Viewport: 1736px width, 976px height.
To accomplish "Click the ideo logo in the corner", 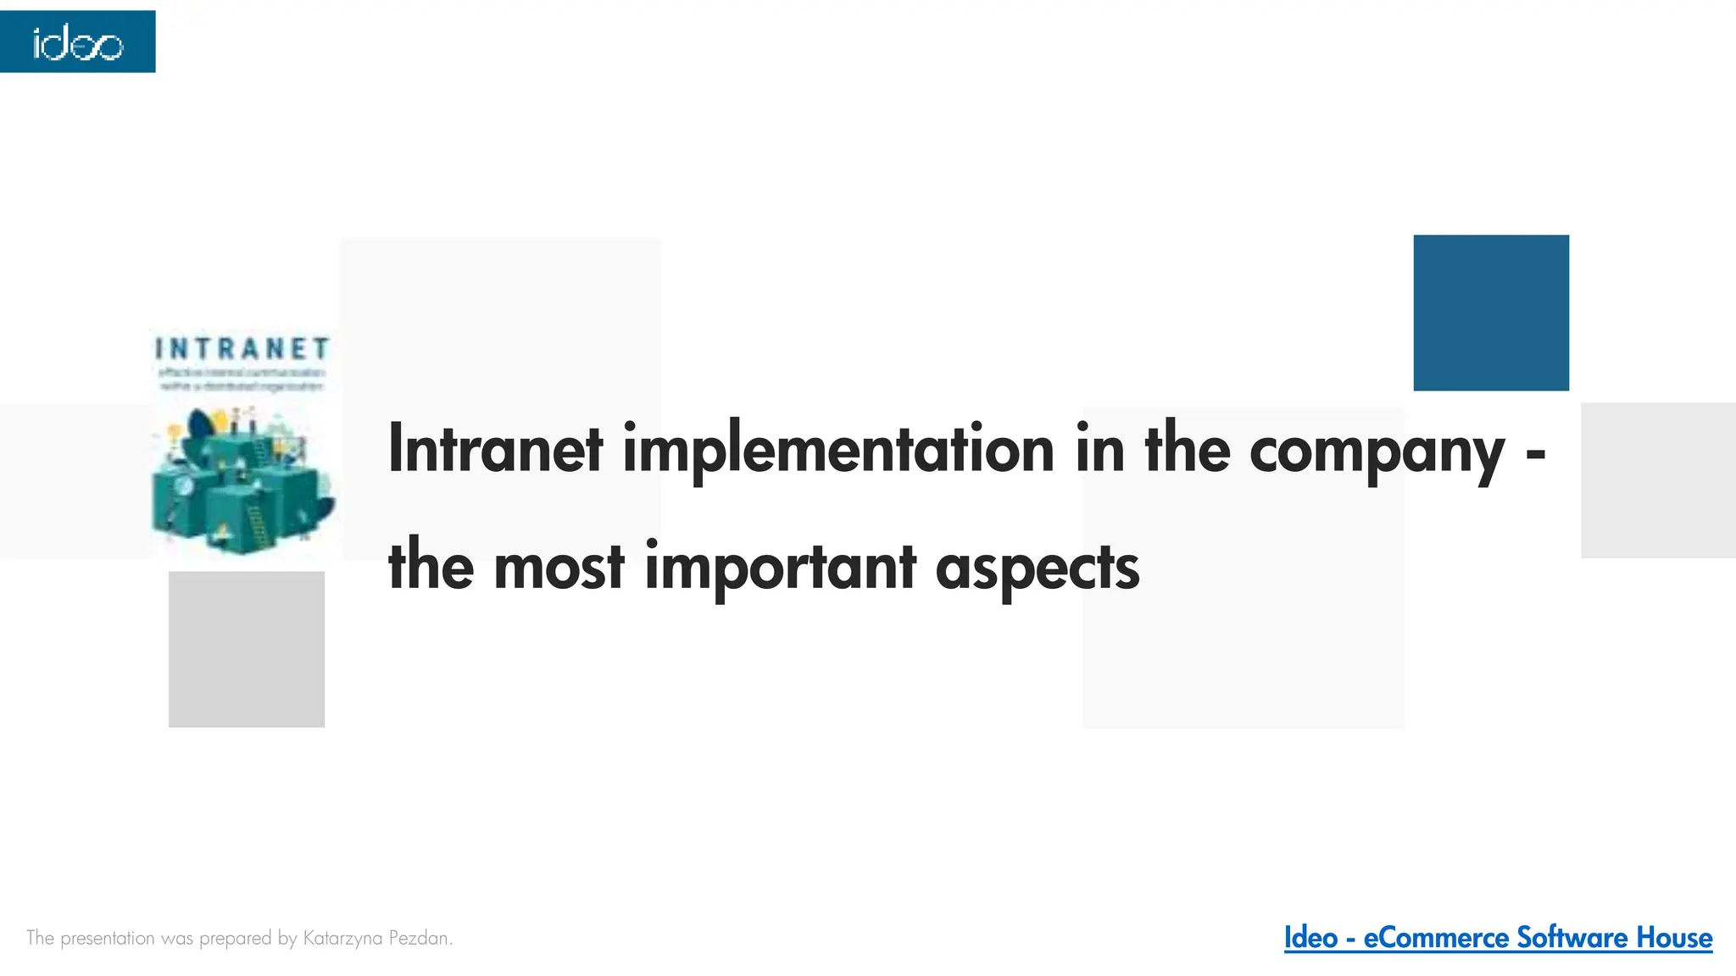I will (77, 42).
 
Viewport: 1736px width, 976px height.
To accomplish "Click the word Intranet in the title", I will (495, 449).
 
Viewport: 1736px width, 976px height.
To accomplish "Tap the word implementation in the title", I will (838, 451).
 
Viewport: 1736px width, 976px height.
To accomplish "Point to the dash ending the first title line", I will (1535, 455).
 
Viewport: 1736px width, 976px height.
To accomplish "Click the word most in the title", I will (559, 567).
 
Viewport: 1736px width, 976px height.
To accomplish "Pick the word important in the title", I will (780, 568).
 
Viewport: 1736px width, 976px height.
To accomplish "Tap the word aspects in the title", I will (1037, 568).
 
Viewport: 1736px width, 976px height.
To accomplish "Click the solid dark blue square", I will (1490, 313).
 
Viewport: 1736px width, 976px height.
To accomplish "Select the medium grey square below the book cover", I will (246, 649).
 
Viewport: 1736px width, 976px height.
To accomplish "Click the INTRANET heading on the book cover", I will (242, 348).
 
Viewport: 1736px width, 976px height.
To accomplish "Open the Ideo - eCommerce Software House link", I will (1497, 938).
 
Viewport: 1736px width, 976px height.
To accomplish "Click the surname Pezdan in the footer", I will (419, 938).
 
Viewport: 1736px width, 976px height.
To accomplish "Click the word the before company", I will (1187, 449).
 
